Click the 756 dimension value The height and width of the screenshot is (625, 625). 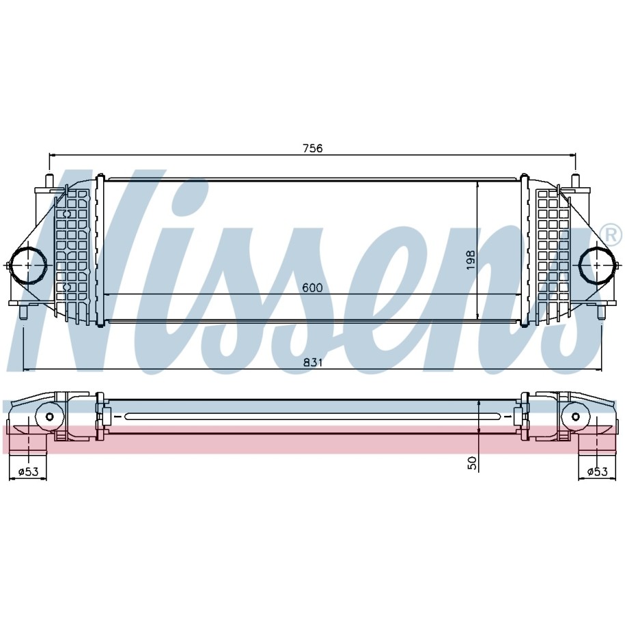[x=313, y=148]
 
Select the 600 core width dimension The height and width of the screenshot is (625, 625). [x=312, y=288]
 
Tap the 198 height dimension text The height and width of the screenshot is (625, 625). [x=471, y=260]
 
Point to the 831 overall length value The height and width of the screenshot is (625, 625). [x=313, y=362]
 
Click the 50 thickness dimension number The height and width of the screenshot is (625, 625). [x=472, y=462]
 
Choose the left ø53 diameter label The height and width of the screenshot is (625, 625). [x=28, y=472]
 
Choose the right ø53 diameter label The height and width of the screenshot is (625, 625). [x=598, y=472]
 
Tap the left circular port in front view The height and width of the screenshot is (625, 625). [x=28, y=265]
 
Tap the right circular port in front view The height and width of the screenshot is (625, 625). [x=597, y=265]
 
